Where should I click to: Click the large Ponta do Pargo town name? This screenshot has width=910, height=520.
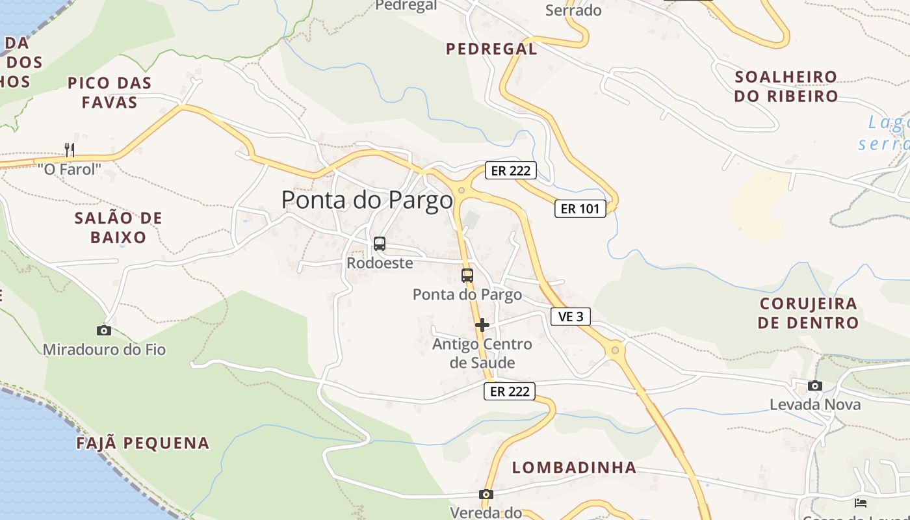pyautogui.click(x=367, y=200)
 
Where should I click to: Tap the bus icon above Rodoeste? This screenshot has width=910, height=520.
pyautogui.click(x=380, y=244)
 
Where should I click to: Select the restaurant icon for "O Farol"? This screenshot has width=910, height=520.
pyautogui.click(x=70, y=150)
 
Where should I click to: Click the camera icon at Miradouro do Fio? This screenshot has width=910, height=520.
pyautogui.click(x=104, y=330)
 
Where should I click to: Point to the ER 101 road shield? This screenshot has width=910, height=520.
pyautogui.click(x=580, y=209)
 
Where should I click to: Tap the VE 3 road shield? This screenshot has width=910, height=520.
pyautogui.click(x=571, y=317)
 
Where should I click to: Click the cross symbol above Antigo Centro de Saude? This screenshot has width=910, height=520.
pyautogui.click(x=482, y=325)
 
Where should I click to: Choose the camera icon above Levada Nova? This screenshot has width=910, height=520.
pyautogui.click(x=815, y=385)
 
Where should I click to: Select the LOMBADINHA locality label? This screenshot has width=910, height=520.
pyautogui.click(x=574, y=467)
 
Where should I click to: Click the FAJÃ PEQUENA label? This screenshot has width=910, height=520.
pyautogui.click(x=143, y=443)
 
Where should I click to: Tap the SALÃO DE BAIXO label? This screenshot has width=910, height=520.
pyautogui.click(x=118, y=227)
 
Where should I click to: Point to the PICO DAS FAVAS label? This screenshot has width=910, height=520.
pyautogui.click(x=109, y=92)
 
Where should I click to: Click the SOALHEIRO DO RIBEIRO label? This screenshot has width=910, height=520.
pyautogui.click(x=786, y=86)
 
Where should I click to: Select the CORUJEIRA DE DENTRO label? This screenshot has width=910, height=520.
pyautogui.click(x=808, y=313)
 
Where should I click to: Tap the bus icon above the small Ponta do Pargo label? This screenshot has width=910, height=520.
pyautogui.click(x=467, y=275)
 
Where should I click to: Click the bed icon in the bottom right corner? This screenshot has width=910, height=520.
pyautogui.click(x=861, y=502)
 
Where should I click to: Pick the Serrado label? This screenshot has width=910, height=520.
pyautogui.click(x=573, y=10)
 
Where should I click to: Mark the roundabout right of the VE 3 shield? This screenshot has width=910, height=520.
pyautogui.click(x=615, y=350)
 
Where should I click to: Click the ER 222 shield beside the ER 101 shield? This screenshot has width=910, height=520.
pyautogui.click(x=510, y=171)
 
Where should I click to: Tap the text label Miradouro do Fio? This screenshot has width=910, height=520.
pyautogui.click(x=104, y=350)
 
